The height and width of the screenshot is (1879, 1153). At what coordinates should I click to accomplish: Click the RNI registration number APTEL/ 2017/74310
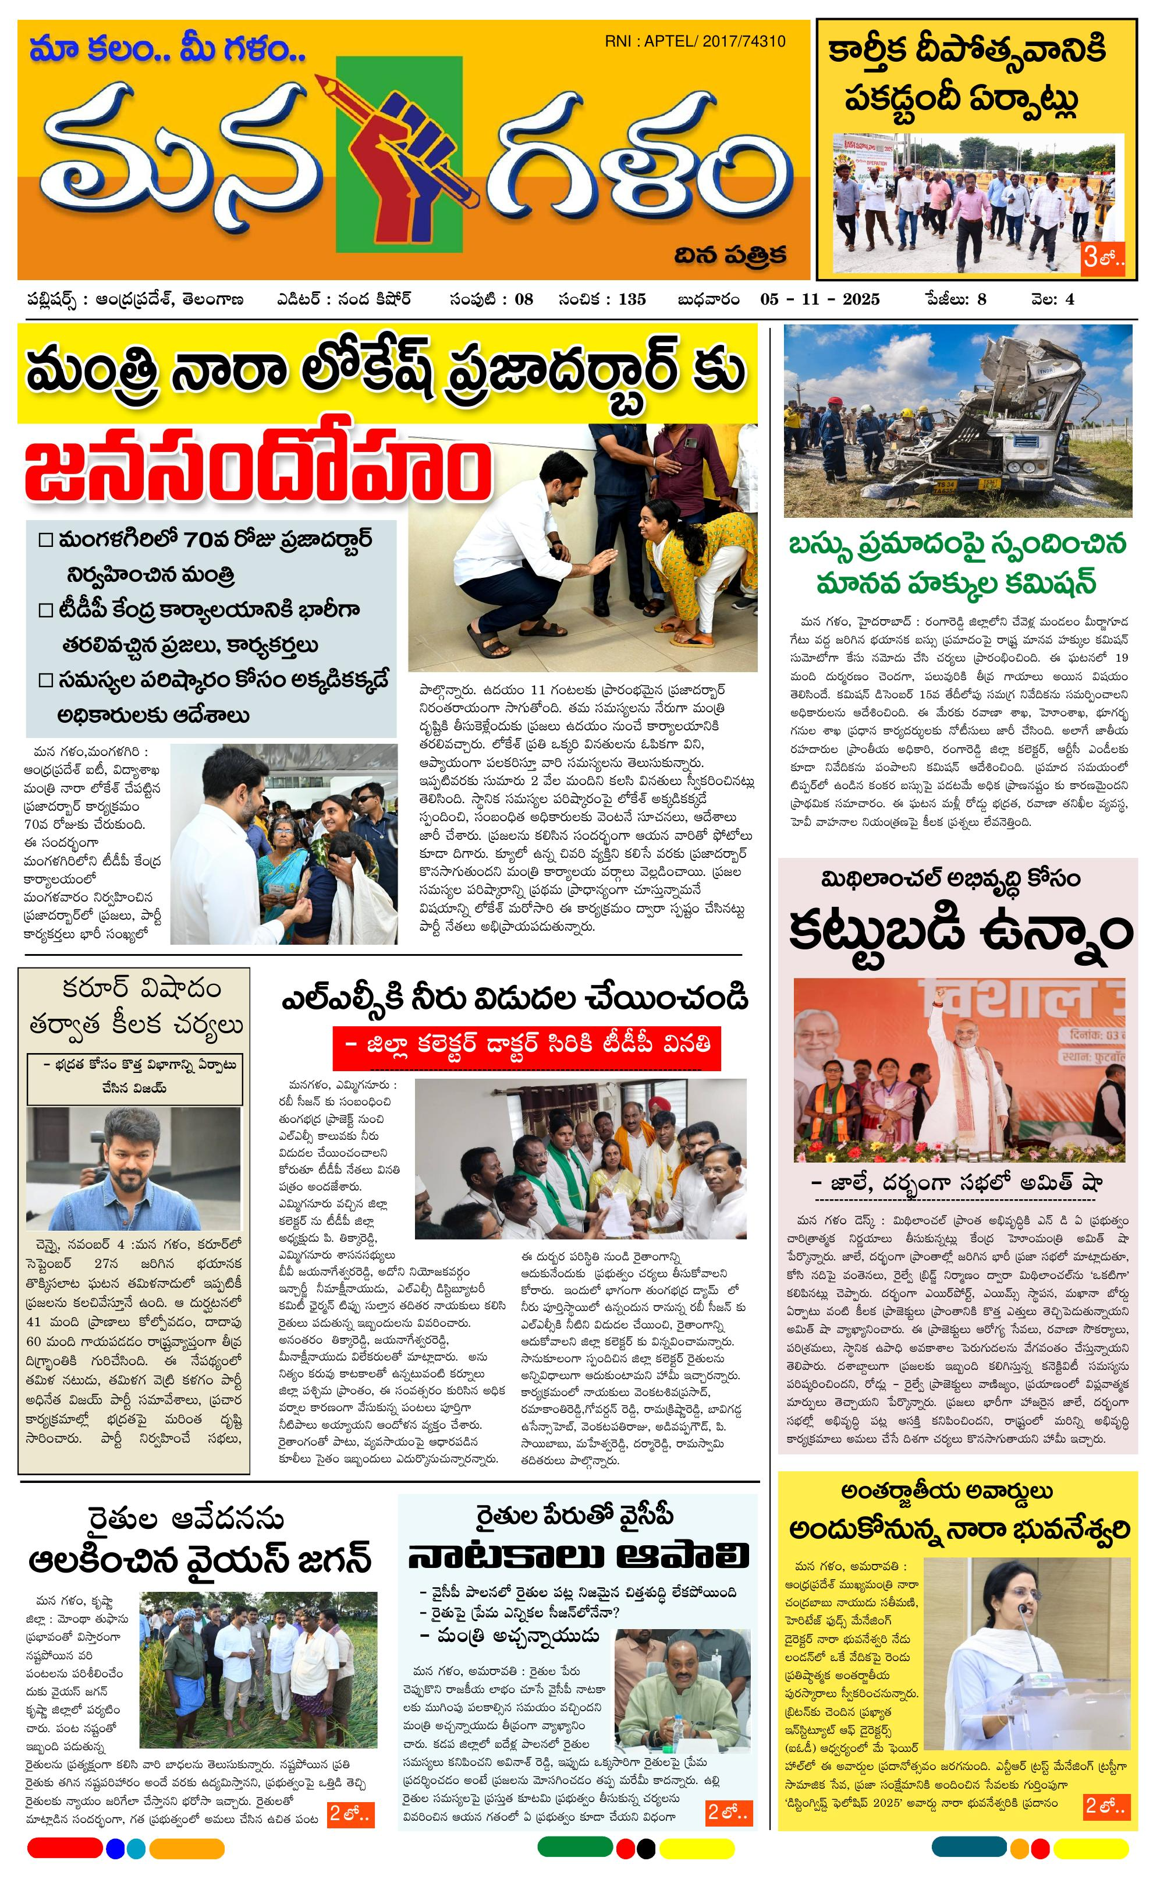(x=695, y=41)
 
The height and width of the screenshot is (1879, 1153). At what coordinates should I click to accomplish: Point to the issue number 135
(x=632, y=299)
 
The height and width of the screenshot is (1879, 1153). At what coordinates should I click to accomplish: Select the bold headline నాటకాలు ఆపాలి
(x=578, y=1556)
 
